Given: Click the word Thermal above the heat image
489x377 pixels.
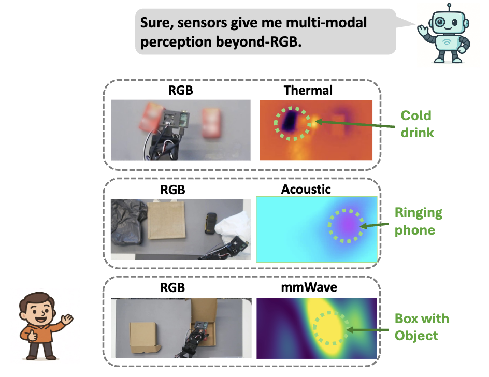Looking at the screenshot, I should click(308, 91).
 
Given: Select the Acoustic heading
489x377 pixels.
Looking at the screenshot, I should click(306, 189).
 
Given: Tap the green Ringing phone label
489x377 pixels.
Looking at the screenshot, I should click(419, 221).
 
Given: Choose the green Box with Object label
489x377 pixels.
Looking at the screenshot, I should click(422, 327).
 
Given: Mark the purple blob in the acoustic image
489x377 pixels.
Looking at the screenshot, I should click(346, 226).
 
